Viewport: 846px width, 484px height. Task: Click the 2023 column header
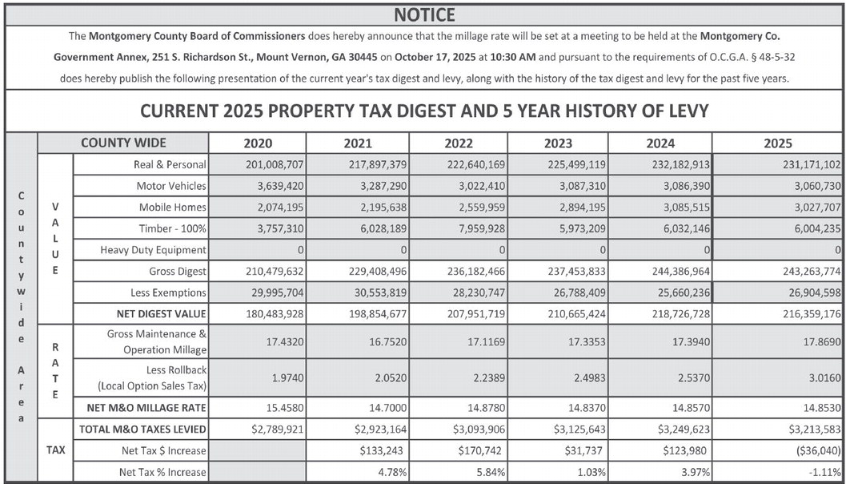pos(557,143)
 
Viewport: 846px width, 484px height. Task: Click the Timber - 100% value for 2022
pos(477,229)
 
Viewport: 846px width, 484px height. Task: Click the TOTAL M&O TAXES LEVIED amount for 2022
pos(480,429)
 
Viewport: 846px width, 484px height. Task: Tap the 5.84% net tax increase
pos(489,472)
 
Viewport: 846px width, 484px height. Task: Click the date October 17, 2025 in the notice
pos(450,58)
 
